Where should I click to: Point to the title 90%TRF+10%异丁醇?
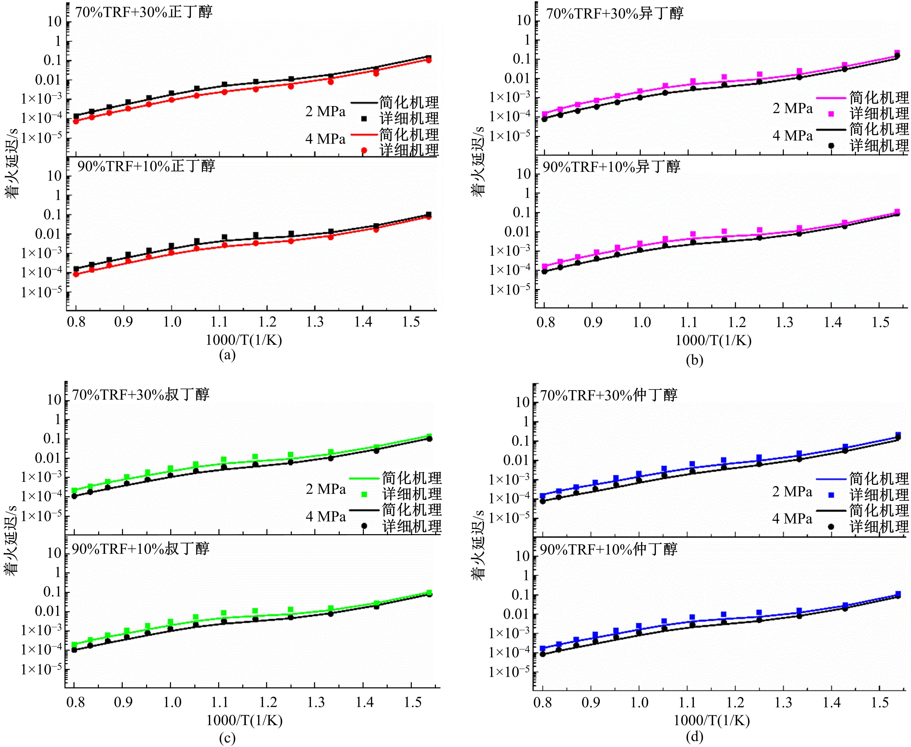(611, 166)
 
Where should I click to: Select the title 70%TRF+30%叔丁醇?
(140, 394)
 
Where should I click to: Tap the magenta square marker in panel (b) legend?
(831, 114)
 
